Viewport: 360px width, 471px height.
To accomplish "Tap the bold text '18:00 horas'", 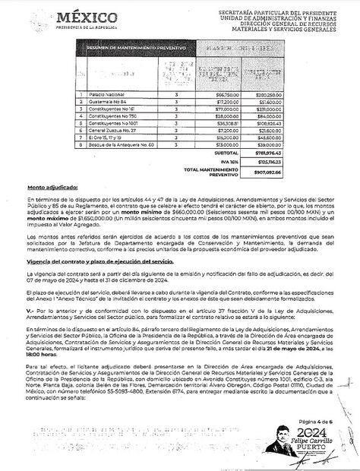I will [x=44, y=352].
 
